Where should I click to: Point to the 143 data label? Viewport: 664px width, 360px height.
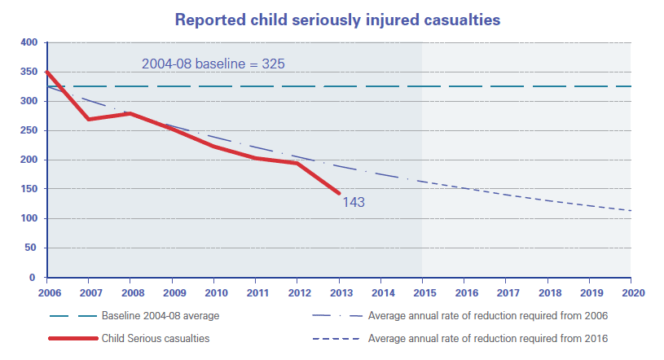(x=354, y=202)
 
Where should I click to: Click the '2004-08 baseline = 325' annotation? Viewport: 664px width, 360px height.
(x=213, y=63)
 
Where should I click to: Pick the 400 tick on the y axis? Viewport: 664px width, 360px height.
(x=29, y=42)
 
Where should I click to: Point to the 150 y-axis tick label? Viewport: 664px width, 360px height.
(x=29, y=189)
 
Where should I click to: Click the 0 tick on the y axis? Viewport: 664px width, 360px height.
(x=34, y=278)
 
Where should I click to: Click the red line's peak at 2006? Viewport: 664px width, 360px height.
(x=48, y=72)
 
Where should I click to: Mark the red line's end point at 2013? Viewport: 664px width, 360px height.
(x=338, y=193)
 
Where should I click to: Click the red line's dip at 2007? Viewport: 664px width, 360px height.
(x=89, y=119)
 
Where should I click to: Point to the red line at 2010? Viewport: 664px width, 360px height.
(x=213, y=146)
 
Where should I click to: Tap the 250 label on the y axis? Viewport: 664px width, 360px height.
(x=29, y=130)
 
